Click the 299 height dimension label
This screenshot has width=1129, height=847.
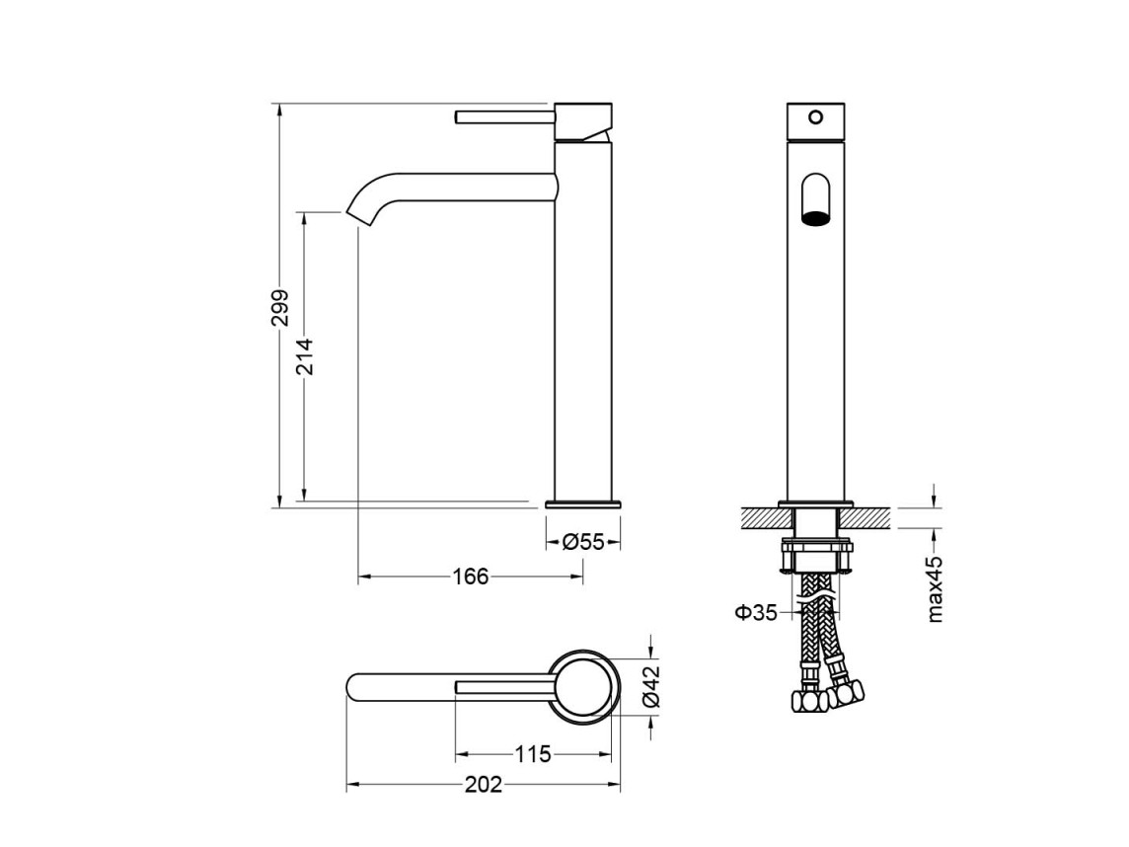coord(280,308)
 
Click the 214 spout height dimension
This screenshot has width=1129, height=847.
coord(305,356)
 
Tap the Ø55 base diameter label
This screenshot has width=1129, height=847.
coord(583,542)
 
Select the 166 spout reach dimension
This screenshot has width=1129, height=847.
coord(471,577)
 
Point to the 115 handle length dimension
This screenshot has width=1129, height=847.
coord(533,754)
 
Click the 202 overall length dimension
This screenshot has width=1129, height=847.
coord(484,785)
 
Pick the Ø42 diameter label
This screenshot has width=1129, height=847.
coord(651,686)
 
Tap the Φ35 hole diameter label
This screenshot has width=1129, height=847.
coord(756,613)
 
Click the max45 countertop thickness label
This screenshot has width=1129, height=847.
coord(935,589)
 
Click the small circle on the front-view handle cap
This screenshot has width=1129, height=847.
coord(815,116)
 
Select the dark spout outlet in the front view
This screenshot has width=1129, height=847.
coord(815,218)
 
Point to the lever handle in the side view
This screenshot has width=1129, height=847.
coord(504,116)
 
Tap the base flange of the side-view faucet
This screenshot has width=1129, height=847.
coord(583,503)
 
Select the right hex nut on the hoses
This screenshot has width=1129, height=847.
coord(845,695)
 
